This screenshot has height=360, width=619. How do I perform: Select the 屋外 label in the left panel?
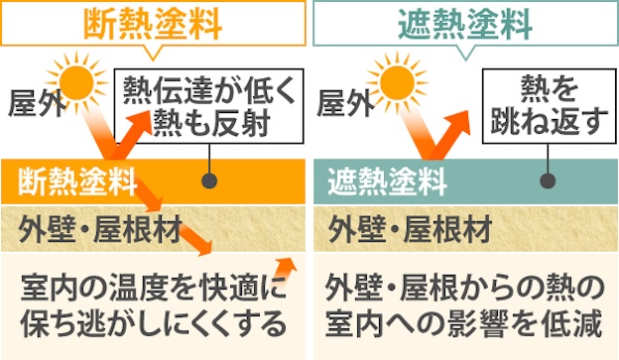(33, 102)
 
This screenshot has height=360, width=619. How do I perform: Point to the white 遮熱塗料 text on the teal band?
(388, 181)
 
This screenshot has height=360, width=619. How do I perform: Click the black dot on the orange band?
(209, 181)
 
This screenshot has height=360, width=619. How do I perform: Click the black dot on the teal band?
(545, 181)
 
